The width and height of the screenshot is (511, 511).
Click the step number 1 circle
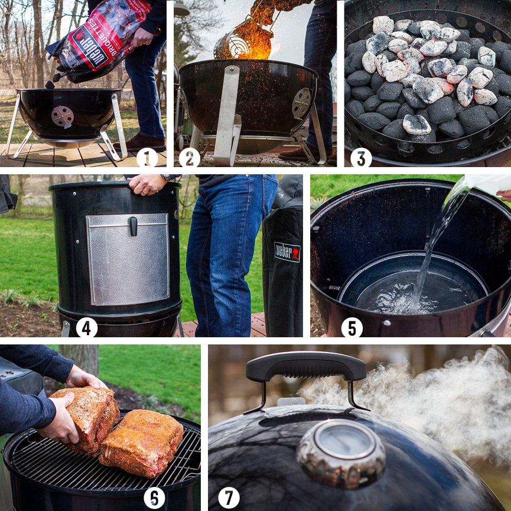[x=147, y=157]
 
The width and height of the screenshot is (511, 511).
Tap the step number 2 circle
[x=190, y=157]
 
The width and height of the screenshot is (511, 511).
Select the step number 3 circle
[x=361, y=157]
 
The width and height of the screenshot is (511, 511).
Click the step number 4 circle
[x=86, y=328]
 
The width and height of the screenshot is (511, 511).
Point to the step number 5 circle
[x=352, y=328]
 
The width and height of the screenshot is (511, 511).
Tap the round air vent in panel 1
[x=62, y=117]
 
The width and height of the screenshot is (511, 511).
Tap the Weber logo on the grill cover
[x=287, y=252]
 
